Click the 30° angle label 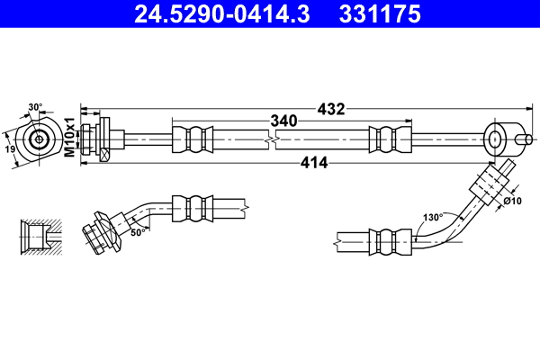point(35,107)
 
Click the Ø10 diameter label point(513,200)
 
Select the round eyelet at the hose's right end point(497,139)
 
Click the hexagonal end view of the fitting point(40,139)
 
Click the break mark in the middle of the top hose point(273,139)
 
